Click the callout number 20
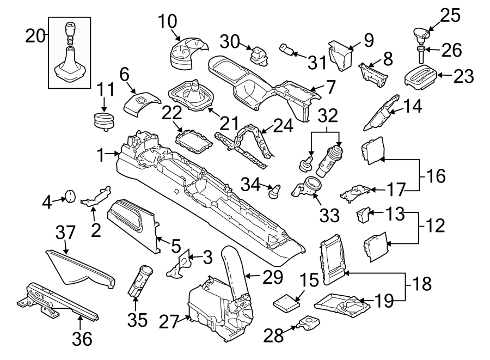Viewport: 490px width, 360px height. [x=36, y=37]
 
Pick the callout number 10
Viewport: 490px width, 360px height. [x=168, y=22]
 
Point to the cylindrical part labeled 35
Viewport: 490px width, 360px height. [x=140, y=279]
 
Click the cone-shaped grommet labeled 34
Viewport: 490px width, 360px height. [x=275, y=191]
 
